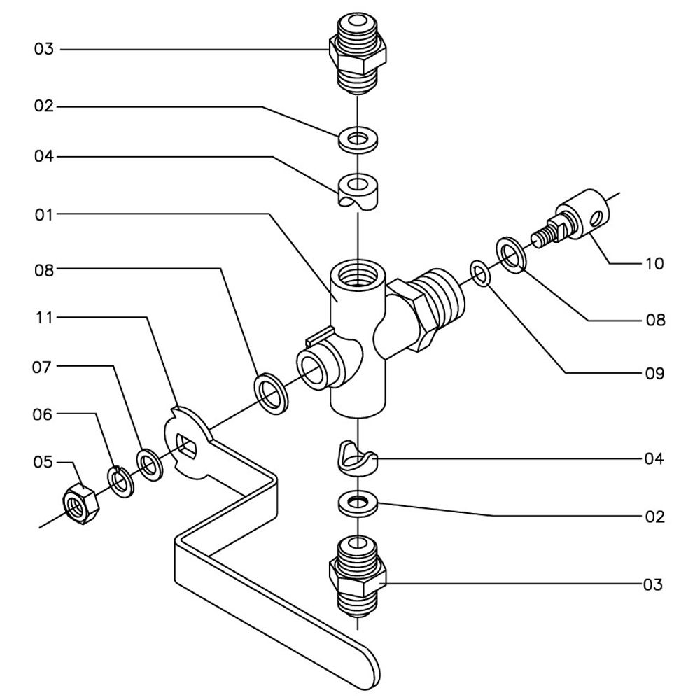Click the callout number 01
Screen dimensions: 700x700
(44, 213)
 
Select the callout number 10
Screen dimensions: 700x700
(654, 264)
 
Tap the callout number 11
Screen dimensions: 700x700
(44, 318)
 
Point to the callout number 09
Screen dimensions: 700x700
(654, 373)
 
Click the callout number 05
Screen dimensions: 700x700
(44, 462)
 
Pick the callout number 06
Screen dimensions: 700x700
(44, 414)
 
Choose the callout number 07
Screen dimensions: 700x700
(44, 366)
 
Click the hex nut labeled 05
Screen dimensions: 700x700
(80, 504)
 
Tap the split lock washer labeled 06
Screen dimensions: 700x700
(118, 481)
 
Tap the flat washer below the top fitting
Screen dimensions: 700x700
(358, 139)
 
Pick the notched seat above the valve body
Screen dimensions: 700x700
(358, 190)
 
